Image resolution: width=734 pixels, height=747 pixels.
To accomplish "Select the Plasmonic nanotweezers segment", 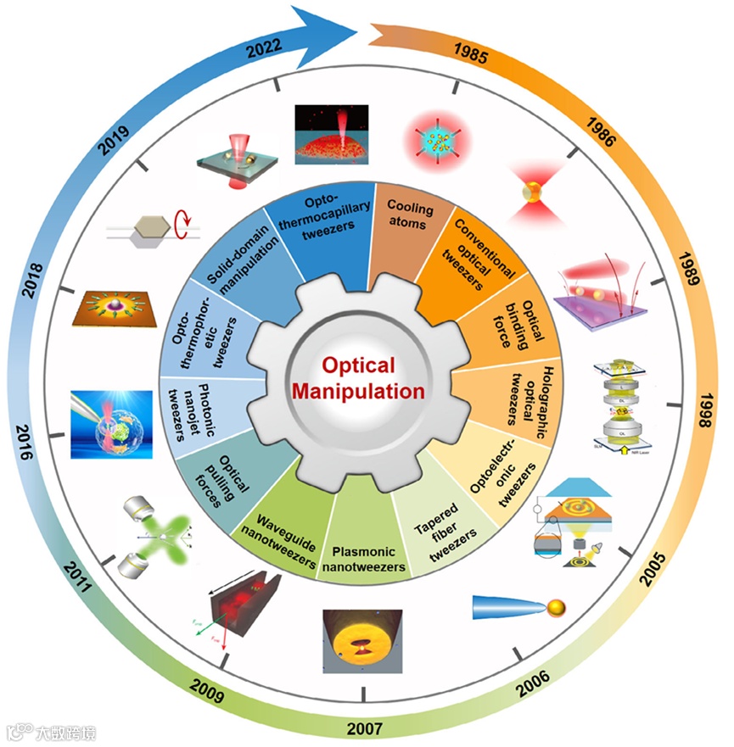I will (x=363, y=551).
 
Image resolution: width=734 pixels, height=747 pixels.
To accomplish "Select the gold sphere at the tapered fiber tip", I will (x=556, y=607).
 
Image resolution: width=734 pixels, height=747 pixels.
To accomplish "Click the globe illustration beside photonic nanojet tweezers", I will (x=112, y=424).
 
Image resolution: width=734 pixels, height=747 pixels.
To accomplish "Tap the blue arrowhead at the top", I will (x=344, y=31).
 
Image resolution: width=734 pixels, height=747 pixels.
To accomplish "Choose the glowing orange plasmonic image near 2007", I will (x=362, y=639).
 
